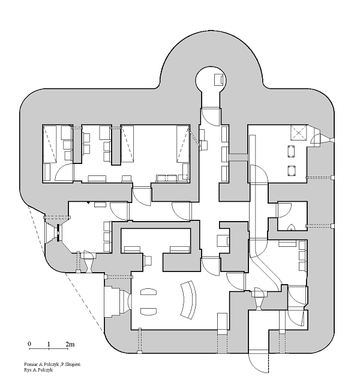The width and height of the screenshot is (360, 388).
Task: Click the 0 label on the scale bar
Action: pos(29,344)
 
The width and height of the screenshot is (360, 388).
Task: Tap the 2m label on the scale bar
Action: pos(70,344)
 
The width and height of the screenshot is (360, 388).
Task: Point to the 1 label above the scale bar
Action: pos(49,344)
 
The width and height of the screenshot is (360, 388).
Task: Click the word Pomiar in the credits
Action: pos(30,364)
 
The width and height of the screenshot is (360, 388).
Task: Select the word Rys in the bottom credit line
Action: pos(27,370)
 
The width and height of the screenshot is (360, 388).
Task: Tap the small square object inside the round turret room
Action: pos(220,80)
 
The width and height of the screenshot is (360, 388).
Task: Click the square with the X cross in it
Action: pos(299,133)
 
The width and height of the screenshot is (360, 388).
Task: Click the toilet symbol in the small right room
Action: pos(292,227)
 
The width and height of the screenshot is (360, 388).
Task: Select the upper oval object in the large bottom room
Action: pos(148,291)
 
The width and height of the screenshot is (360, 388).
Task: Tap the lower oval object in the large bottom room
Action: pos(148,311)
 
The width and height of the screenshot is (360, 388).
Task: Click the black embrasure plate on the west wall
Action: pos(58,232)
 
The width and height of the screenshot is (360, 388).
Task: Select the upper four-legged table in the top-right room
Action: pos(291,151)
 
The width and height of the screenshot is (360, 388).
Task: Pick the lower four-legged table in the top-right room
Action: pos(291,171)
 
